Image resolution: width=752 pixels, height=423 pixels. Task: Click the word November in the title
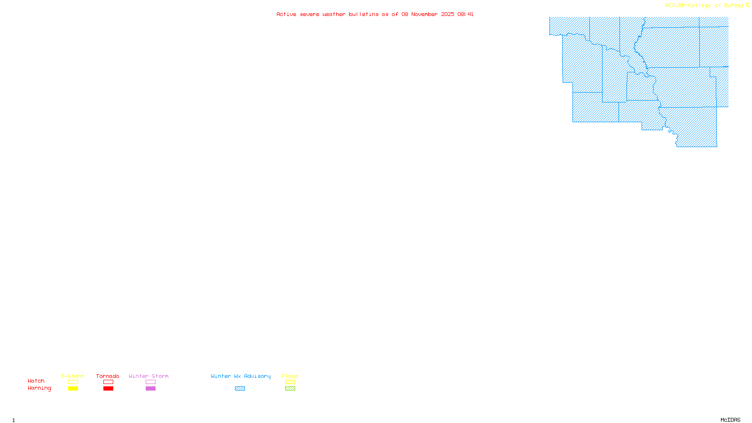424,14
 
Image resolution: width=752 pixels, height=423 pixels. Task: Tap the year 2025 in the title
447,14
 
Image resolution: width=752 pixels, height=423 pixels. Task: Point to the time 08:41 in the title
465,14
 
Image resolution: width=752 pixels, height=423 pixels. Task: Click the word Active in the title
286,14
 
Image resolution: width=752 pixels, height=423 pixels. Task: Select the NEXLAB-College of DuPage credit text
704,6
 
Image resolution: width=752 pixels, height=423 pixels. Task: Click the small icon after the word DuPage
748,5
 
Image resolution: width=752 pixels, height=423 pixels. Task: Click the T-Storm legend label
72,376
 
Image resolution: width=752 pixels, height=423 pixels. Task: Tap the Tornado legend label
108,376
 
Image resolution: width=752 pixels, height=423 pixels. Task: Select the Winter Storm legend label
149,376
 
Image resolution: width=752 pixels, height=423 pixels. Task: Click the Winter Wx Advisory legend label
241,376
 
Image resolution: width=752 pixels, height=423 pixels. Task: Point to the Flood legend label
290,376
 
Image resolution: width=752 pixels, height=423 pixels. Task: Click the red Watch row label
36,381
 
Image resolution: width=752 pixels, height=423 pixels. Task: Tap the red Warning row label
39,388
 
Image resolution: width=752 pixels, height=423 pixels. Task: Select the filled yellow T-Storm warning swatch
73,389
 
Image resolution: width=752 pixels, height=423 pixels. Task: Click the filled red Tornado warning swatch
108,389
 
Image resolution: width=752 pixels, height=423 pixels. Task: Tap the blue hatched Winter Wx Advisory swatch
240,389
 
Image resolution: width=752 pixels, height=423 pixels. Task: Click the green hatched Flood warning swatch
290,389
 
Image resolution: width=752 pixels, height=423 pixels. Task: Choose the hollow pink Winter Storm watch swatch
150,382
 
